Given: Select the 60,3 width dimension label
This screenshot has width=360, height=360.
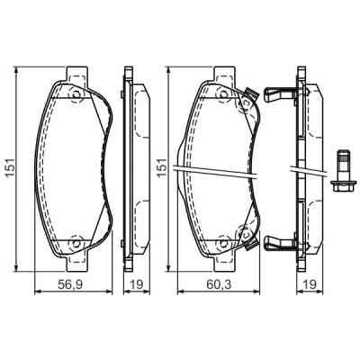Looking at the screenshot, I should click(212, 286).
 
